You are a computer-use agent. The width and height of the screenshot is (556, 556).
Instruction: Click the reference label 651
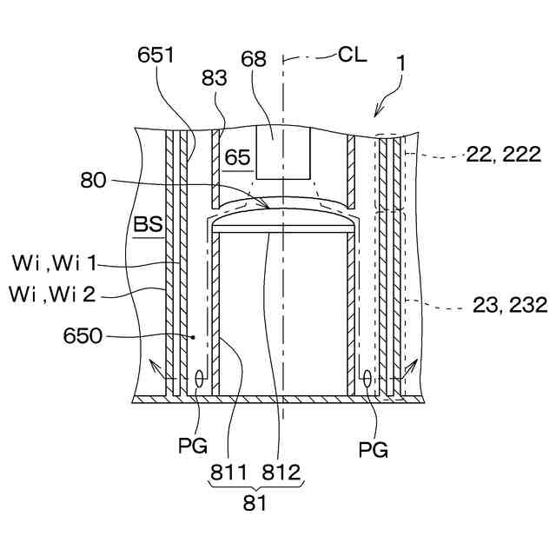coord(156,55)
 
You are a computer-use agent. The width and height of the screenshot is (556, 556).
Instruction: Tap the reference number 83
coord(214,78)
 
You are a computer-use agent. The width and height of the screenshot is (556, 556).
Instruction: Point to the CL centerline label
coord(352,55)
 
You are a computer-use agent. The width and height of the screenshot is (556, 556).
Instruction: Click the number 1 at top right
coord(401,63)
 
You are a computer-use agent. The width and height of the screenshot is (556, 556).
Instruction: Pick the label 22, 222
coord(504,155)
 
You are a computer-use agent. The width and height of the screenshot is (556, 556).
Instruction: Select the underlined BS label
coord(148,225)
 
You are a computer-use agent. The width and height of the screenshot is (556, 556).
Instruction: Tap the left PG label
coord(193,447)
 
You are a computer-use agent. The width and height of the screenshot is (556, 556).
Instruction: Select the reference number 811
coord(228,472)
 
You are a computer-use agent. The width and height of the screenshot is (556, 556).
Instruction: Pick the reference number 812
coord(281,472)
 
